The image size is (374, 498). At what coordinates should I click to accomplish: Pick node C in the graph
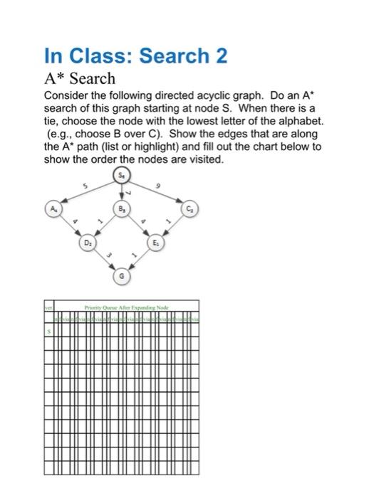[191, 210]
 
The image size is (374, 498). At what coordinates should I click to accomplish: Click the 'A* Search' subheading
[79, 78]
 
